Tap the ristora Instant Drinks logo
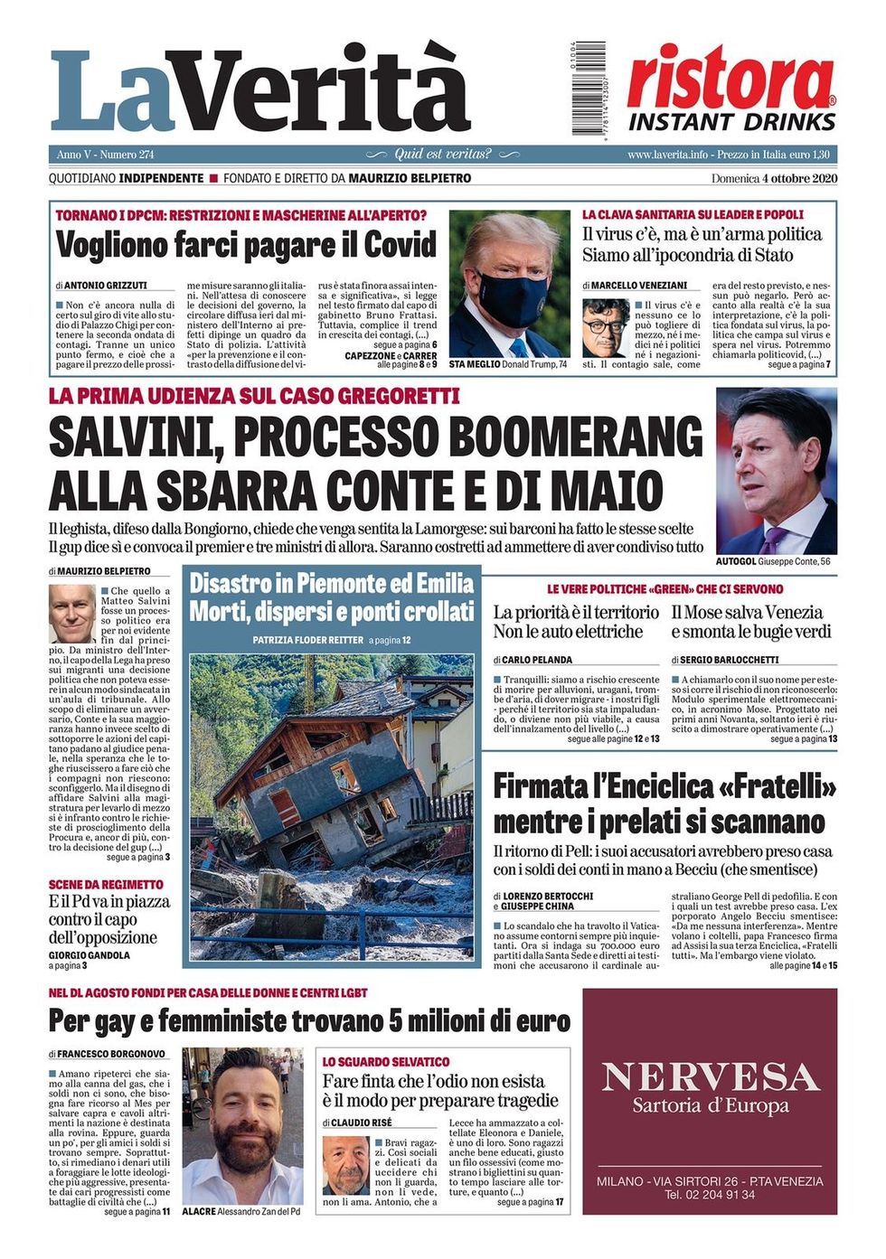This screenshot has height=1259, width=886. pyautogui.click(x=731, y=91)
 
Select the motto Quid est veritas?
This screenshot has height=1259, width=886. pyautogui.click(x=443, y=155)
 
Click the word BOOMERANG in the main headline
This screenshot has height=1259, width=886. pyautogui.click(x=575, y=438)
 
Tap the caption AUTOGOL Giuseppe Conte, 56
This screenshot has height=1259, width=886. pyautogui.click(x=772, y=561)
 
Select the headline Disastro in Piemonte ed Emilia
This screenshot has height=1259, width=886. pyautogui.click(x=331, y=584)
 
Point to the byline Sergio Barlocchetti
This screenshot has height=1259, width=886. pyautogui.click(x=725, y=660)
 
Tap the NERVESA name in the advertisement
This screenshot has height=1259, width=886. pyautogui.click(x=710, y=1077)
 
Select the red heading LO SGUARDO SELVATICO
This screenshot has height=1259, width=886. pyautogui.click(x=386, y=1062)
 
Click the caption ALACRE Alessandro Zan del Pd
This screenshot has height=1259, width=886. pyautogui.click(x=240, y=1211)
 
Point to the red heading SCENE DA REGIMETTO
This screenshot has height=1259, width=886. pyautogui.click(x=106, y=884)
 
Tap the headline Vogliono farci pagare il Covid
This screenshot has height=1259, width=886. pyautogui.click(x=246, y=245)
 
